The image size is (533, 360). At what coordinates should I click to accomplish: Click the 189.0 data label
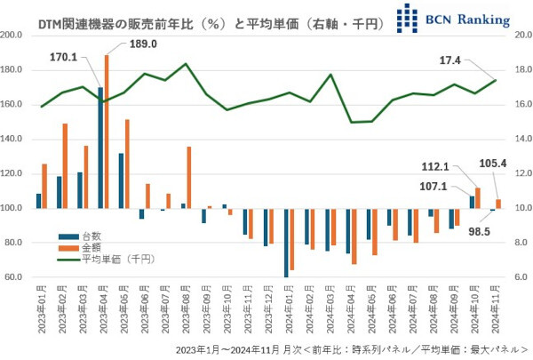[x=142, y=44]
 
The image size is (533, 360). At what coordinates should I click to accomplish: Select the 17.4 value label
[x=452, y=60]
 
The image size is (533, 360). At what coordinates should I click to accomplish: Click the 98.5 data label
[x=480, y=231]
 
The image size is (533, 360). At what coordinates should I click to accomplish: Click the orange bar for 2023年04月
[x=107, y=132]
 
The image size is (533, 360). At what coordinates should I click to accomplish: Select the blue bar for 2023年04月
[x=100, y=148]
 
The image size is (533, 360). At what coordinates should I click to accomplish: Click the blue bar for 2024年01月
[x=287, y=242]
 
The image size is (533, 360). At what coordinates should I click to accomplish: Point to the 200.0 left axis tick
[x=13, y=36]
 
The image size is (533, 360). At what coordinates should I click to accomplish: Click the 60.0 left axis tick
[x=15, y=277]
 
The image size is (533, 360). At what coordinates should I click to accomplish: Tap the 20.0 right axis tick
[x=520, y=36]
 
